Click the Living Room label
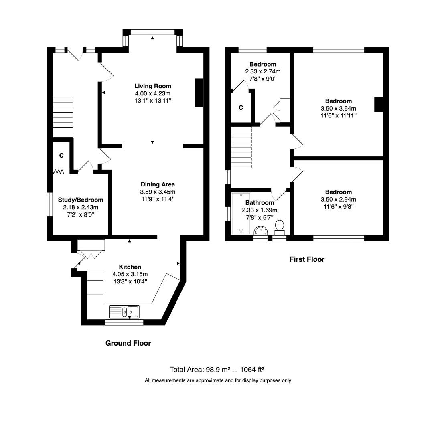152,86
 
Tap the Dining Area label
154,184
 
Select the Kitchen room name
130,267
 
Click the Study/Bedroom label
81,200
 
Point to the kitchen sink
124,311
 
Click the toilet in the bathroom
280,227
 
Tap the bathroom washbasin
261,230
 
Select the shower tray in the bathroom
241,213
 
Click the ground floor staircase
63,117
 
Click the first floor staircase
241,147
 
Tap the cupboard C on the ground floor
62,155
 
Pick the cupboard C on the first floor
241,108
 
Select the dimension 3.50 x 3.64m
339,108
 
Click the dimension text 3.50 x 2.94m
339,199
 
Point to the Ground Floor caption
128,343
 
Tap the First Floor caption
307,259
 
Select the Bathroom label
260,203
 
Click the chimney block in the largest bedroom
379,105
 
